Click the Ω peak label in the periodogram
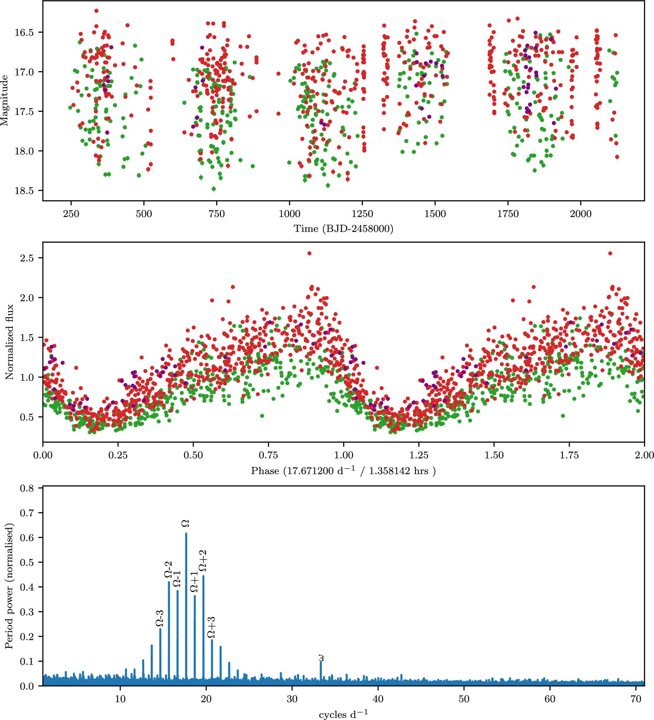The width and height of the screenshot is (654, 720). (185, 524)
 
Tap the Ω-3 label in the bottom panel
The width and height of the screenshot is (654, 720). (160, 618)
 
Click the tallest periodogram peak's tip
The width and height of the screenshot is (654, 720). (186, 534)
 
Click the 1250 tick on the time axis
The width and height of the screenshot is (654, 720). (362, 214)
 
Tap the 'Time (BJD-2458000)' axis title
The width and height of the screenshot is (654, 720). (343, 229)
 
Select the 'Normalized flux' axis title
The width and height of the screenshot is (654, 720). (9, 342)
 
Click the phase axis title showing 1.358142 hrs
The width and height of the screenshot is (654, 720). (343, 471)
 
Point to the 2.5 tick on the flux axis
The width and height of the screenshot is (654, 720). (27, 258)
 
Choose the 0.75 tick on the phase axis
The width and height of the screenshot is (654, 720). (268, 455)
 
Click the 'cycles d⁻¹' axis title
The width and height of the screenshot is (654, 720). (343, 714)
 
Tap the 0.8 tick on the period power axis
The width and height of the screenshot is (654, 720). (27, 488)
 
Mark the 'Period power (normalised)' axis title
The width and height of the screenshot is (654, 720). (9, 586)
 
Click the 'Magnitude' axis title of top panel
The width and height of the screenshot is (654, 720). (4, 100)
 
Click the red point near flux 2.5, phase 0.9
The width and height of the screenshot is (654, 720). (309, 253)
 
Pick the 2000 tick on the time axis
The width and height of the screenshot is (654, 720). (580, 214)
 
